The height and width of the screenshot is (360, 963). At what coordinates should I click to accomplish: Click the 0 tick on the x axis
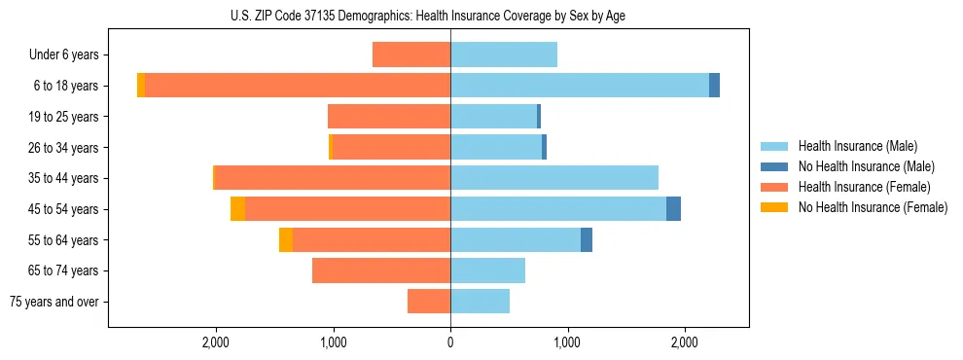click(450, 342)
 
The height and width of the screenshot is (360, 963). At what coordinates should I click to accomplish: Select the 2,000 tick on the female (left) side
click(215, 342)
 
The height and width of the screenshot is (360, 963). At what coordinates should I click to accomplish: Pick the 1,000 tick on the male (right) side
click(567, 342)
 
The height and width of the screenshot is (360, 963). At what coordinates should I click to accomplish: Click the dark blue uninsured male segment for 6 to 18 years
click(714, 86)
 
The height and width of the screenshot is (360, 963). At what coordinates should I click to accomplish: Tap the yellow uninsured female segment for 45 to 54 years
click(237, 209)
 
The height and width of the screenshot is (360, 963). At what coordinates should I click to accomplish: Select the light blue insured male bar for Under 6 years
click(504, 55)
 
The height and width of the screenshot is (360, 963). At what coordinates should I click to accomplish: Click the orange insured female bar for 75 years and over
click(429, 302)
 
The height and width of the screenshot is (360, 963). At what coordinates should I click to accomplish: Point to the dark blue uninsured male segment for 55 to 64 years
click(587, 239)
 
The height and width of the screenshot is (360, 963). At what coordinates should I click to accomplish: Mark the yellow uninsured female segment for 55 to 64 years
click(286, 239)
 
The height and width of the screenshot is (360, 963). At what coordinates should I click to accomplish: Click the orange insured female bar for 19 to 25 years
click(389, 117)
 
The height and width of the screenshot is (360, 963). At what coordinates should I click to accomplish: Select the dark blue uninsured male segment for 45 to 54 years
click(673, 209)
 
